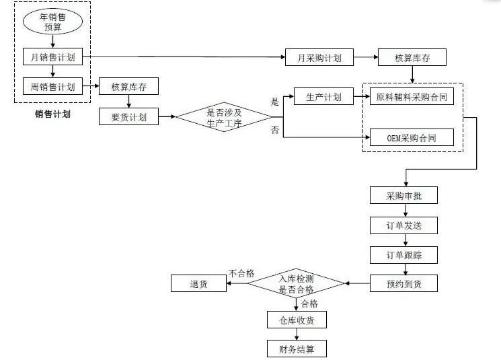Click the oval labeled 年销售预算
click(x=52, y=22)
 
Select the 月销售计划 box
click(x=52, y=57)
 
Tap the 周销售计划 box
click(x=52, y=87)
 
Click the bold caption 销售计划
click(x=52, y=114)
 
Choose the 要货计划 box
click(x=128, y=116)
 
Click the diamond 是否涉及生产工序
click(x=223, y=117)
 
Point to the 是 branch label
click(x=274, y=102)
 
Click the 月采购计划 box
click(x=319, y=58)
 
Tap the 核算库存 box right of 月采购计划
click(x=412, y=58)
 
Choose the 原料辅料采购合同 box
click(x=412, y=97)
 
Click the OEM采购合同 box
click(x=412, y=138)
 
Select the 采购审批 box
click(x=403, y=196)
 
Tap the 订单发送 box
click(x=403, y=225)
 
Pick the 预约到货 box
click(x=403, y=283)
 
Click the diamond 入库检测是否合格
click(x=296, y=283)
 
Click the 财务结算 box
click(x=296, y=349)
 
